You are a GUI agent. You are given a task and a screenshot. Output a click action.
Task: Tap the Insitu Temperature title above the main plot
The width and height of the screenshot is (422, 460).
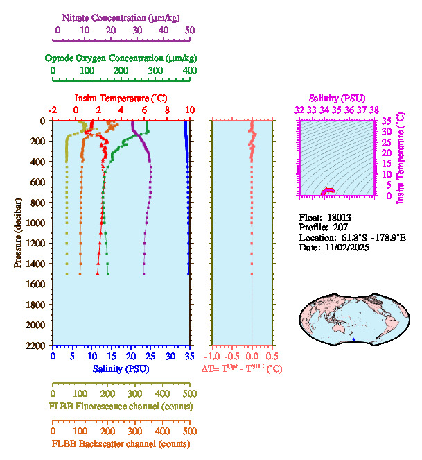(x=120, y=99)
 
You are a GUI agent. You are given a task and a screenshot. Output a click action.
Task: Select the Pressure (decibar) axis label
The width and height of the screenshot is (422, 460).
(x=19, y=232)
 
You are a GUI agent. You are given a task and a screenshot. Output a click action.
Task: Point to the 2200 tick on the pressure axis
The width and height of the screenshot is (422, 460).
(x=37, y=345)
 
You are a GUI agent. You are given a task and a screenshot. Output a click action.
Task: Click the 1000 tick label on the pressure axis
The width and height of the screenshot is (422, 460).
(x=37, y=223)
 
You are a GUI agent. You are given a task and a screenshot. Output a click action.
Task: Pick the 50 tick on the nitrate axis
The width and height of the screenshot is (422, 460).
(x=189, y=30)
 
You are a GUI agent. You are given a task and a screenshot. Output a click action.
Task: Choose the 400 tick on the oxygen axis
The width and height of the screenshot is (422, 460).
(x=189, y=71)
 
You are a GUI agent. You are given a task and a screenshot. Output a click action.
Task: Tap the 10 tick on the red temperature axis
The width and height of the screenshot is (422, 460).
(x=189, y=110)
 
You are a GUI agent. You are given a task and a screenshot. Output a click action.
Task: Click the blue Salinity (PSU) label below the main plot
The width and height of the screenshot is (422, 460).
(x=120, y=368)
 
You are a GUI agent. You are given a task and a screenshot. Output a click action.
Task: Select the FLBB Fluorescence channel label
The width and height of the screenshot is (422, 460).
(x=120, y=406)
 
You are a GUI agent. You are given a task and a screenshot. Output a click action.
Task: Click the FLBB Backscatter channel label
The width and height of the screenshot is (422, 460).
(x=120, y=443)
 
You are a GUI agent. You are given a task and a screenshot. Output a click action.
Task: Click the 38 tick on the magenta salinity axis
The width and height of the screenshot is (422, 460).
(x=374, y=110)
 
